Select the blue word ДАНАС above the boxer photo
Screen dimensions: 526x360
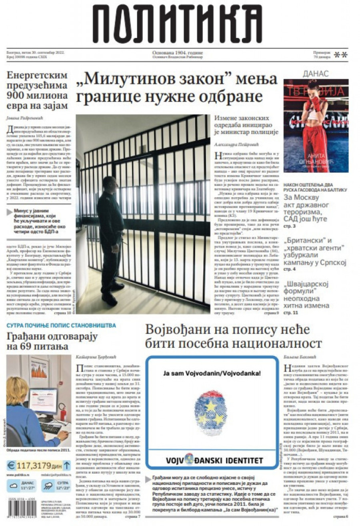[316, 74]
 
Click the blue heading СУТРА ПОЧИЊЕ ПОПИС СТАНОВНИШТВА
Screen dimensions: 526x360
[61, 326]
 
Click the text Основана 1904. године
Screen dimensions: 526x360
[177, 52]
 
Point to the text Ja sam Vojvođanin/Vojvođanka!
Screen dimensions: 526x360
[212, 373]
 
